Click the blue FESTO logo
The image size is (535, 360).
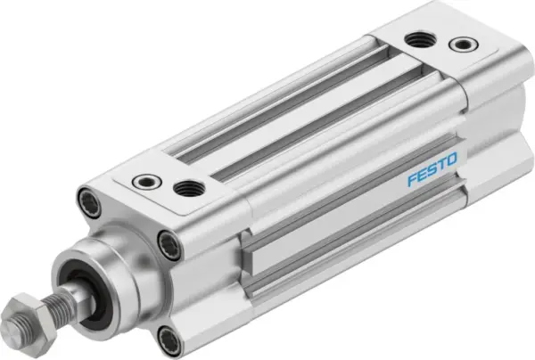[x=432, y=169]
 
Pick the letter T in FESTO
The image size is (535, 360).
[x=441, y=165]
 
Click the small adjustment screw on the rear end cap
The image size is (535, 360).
[x=461, y=44]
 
